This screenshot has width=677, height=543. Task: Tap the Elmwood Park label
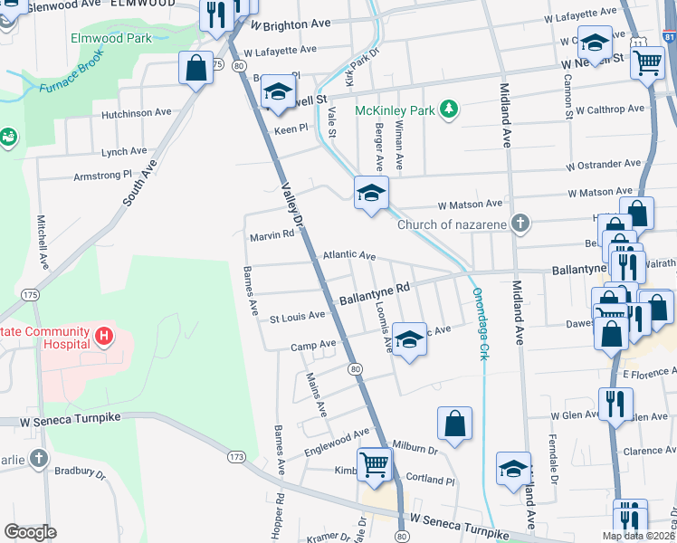tap(111, 39)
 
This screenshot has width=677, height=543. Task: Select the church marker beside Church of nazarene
tap(520, 224)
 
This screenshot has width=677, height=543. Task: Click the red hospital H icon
tap(104, 338)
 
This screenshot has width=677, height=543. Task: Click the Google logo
tap(30, 531)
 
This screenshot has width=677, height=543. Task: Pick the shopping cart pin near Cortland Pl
tap(374, 465)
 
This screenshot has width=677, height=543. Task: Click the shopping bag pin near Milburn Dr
tap(454, 423)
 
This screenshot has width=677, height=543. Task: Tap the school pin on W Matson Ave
tap(370, 194)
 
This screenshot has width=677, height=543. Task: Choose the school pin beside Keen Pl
tap(279, 91)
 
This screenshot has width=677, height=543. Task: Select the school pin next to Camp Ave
tap(409, 339)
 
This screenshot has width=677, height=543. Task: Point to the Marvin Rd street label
tap(272, 236)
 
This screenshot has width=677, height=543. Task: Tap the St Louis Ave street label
tap(297, 317)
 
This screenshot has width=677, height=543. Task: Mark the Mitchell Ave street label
tap(42, 240)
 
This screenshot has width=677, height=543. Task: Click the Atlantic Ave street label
tap(348, 256)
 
